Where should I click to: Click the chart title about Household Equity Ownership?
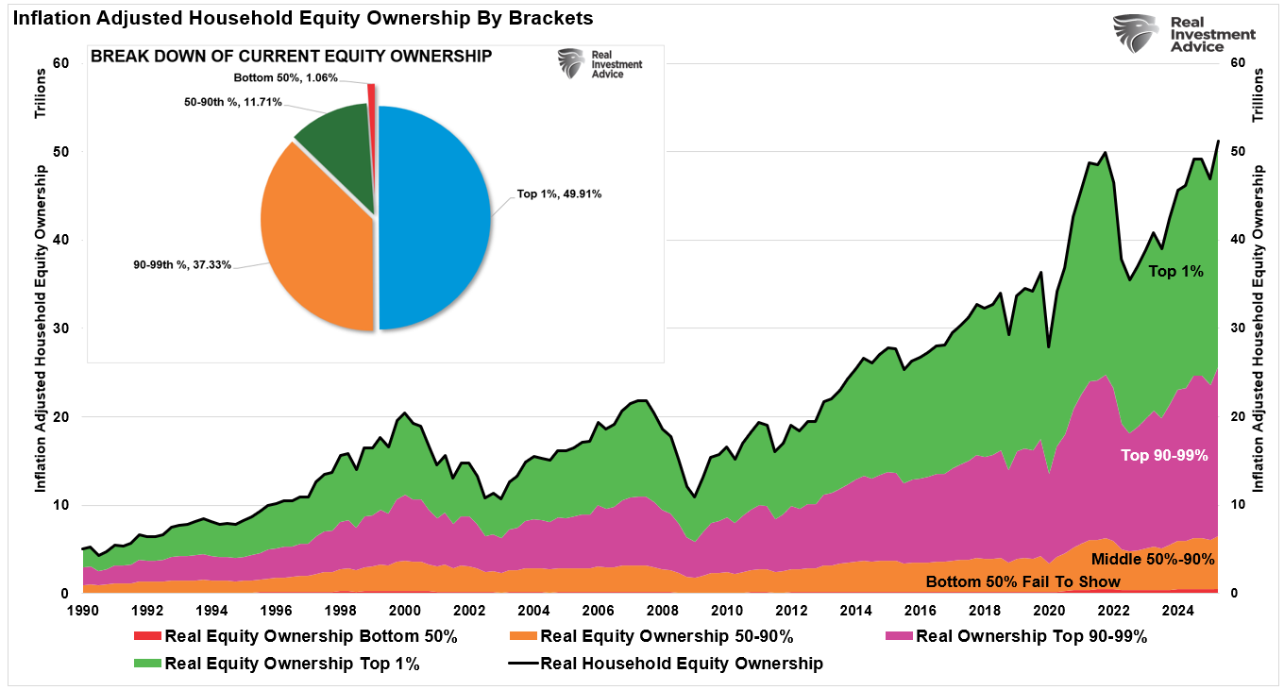click(x=304, y=18)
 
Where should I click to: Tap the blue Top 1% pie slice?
click(x=434, y=217)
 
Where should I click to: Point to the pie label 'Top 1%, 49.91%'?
click(x=559, y=194)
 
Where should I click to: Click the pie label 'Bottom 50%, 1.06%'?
click(x=286, y=77)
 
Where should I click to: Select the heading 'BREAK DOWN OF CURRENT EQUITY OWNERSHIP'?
click(x=291, y=57)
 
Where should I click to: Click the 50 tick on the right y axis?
click(x=1237, y=152)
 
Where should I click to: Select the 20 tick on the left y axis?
click(x=61, y=416)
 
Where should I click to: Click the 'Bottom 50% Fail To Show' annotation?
click(x=1022, y=581)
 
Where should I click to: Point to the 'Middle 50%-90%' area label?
click(x=1152, y=559)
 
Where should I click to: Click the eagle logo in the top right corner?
click(x=1136, y=34)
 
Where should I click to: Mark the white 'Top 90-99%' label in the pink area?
click(x=1164, y=455)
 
